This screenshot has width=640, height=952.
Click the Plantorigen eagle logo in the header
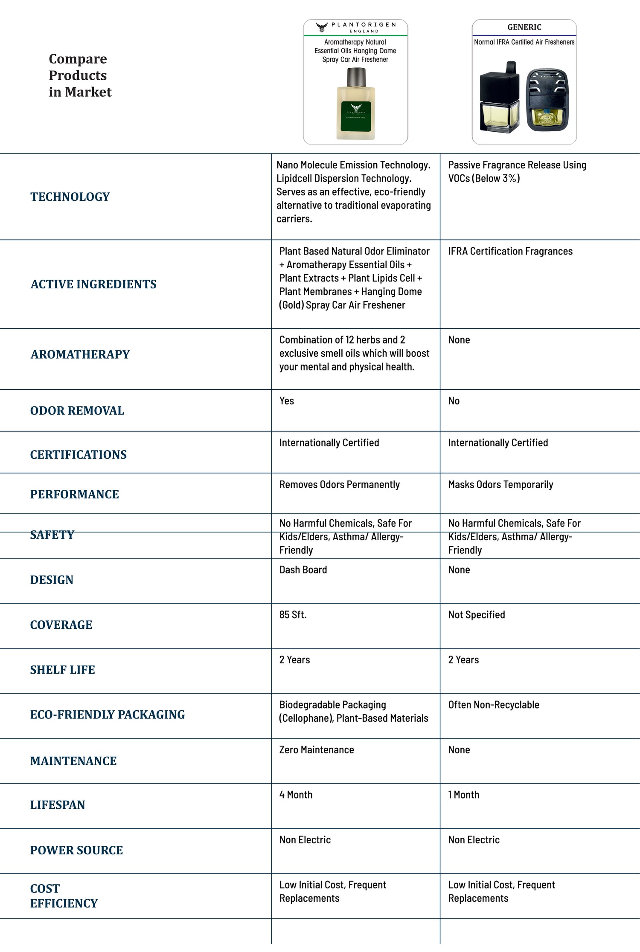coord(322,27)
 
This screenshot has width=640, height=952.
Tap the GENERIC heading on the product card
coord(524,27)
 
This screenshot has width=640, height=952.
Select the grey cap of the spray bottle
coord(356,77)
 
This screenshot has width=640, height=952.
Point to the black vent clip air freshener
coord(547,101)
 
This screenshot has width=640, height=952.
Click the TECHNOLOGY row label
coord(70,197)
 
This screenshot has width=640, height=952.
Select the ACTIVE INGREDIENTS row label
coord(93,284)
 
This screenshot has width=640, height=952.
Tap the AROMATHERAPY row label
coord(80,354)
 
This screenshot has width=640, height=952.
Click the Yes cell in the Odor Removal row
coord(287,401)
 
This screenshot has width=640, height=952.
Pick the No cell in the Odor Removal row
coord(454,401)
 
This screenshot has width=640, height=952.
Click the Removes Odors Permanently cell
coord(340,485)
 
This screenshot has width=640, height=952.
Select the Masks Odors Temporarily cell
coord(500,485)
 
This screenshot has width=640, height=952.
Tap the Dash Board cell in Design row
coord(303,570)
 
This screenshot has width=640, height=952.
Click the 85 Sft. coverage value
coord(293,615)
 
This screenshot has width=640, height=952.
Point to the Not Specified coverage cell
coord(477,615)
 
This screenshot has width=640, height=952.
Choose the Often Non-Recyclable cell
coord(494,705)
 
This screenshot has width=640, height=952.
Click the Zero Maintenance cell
coord(317,750)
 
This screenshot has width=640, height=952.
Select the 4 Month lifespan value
coord(296,795)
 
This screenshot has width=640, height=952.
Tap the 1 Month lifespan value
coord(464,795)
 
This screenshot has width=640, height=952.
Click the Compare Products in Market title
coord(80,75)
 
